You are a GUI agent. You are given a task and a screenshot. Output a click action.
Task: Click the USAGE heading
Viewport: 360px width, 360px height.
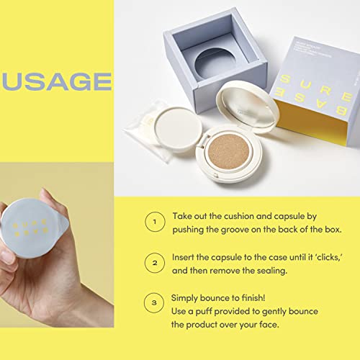pyautogui.click(x=56, y=81)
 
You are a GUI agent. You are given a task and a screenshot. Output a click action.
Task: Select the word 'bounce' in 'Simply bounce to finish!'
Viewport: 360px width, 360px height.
pyautogui.click(x=223, y=297)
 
